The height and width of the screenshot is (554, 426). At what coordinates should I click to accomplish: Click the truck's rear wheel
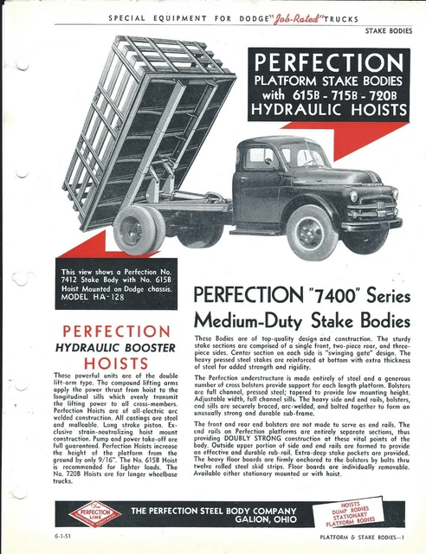[x=139, y=230]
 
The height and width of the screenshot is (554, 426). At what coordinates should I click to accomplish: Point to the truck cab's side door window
[x=261, y=158]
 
